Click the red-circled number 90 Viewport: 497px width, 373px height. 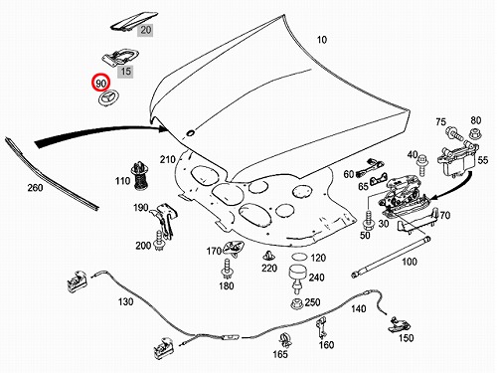(100, 83)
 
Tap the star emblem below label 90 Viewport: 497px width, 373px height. (109, 98)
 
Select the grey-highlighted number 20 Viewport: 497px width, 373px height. (145, 30)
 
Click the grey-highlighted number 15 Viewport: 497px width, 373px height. (125, 72)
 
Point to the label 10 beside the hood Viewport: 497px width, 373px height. (322, 40)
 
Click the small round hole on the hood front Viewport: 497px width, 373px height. (191, 133)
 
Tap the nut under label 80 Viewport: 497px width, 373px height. (475, 134)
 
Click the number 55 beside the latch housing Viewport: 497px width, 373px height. (483, 160)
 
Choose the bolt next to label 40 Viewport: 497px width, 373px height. (423, 164)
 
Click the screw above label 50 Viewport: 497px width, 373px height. (368, 219)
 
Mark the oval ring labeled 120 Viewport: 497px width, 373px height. (299, 257)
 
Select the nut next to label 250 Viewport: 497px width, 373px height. (296, 303)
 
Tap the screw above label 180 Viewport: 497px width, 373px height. (227, 269)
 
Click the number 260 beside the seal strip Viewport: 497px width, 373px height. (35, 188)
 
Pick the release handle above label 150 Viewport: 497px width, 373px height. (399, 324)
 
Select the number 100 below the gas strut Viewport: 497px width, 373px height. (410, 262)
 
